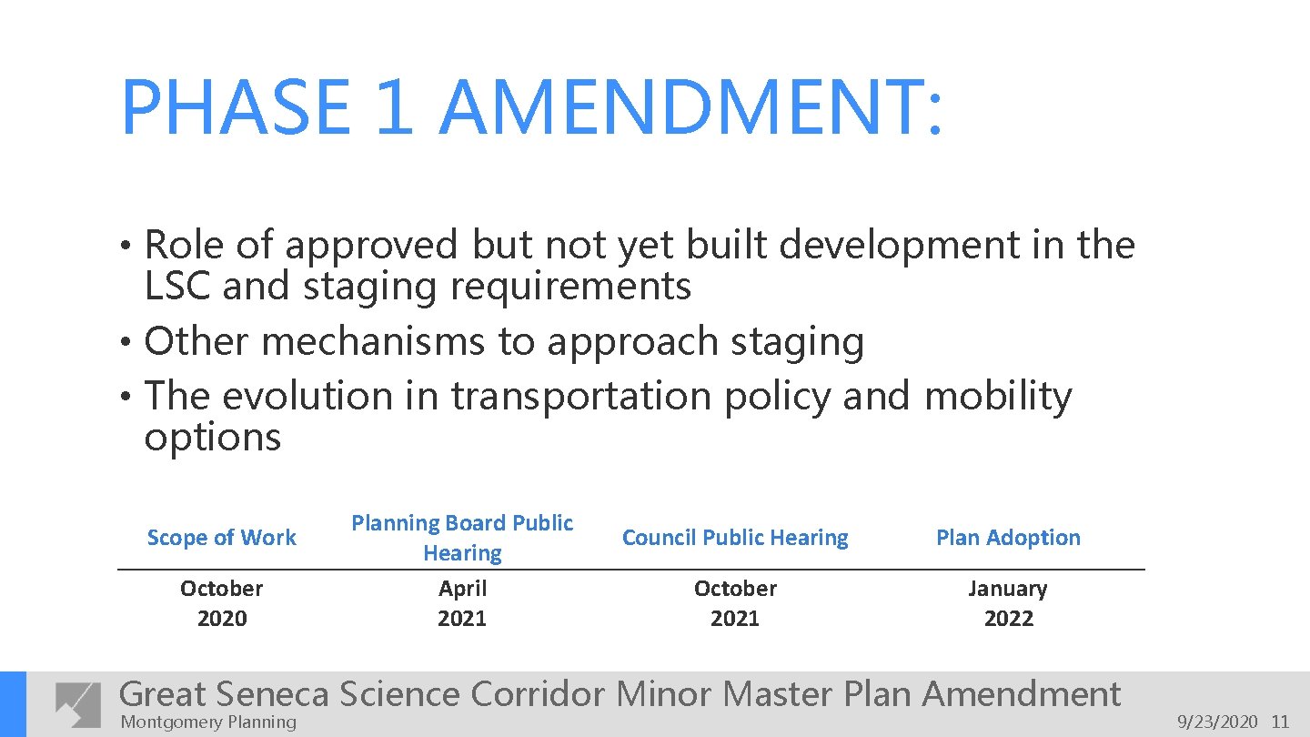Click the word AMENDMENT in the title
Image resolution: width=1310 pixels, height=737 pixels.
691,108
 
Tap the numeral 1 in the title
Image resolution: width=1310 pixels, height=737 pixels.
393,108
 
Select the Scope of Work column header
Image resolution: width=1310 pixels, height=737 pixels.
221,538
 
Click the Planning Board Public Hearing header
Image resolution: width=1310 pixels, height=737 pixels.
462,538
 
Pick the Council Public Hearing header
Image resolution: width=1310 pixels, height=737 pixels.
735,538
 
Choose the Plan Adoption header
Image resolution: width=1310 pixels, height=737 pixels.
1008,538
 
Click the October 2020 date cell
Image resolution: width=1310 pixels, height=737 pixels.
221,603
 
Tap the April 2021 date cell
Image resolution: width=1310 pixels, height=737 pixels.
462,603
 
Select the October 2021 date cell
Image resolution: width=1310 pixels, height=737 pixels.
735,603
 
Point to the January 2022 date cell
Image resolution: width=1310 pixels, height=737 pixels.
1008,603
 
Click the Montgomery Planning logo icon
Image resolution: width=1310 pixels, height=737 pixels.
78,704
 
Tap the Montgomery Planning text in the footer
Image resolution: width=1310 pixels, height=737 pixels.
208,722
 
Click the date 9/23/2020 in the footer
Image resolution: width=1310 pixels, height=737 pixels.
1217,722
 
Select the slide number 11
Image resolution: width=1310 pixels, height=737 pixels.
1280,722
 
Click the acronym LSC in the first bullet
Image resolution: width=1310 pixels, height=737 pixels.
177,287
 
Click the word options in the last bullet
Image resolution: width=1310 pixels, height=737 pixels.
213,438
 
